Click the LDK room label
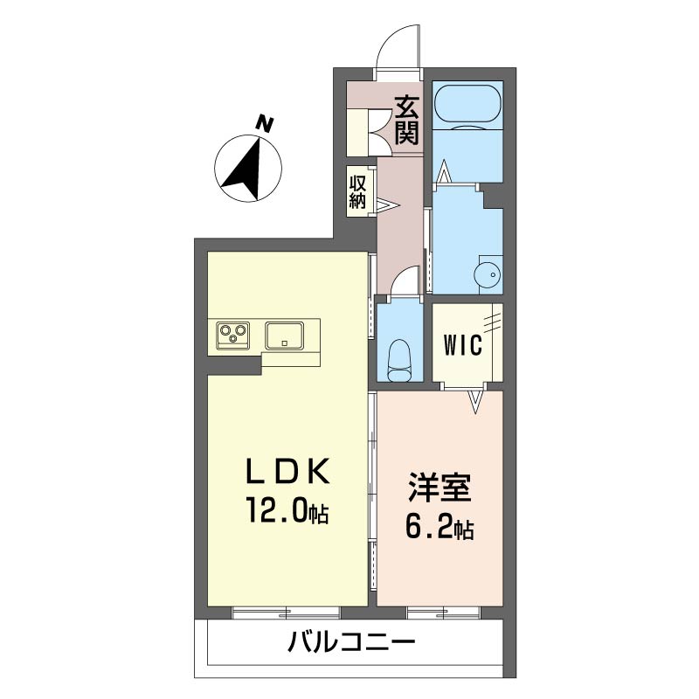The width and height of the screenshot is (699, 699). (x=288, y=471)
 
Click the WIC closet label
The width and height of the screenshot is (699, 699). (x=463, y=344)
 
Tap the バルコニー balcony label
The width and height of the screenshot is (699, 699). (x=351, y=643)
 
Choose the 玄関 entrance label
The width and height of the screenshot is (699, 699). (x=407, y=121)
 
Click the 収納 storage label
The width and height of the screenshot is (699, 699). (x=357, y=192)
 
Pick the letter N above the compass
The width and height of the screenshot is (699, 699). (x=265, y=123)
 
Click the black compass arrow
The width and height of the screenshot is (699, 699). (x=245, y=171)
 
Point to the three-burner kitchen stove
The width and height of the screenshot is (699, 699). (x=232, y=336)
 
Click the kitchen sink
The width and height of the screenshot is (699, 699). (x=285, y=336)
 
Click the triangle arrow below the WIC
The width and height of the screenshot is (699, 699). (x=476, y=401)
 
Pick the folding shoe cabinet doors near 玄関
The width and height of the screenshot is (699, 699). (x=378, y=133)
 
